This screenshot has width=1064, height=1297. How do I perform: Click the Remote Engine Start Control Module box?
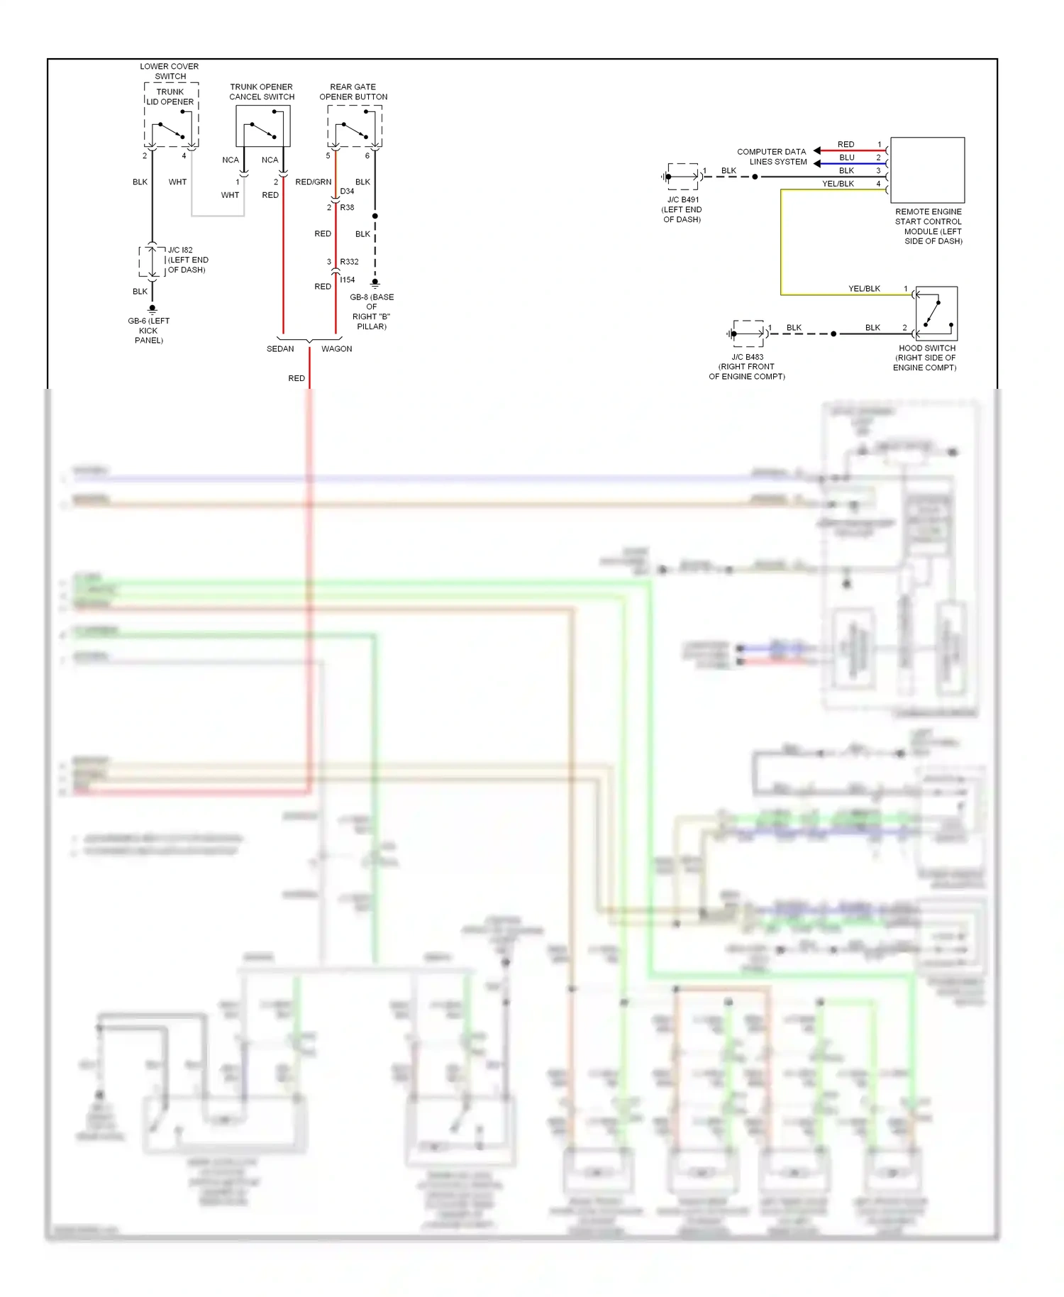(x=927, y=170)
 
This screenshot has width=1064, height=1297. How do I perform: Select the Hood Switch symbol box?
(x=936, y=313)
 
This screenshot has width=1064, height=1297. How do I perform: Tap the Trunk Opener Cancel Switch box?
(x=262, y=126)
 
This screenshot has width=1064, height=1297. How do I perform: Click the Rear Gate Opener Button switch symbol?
(x=355, y=127)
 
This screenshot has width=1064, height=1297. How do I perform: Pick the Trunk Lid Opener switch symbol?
(x=171, y=128)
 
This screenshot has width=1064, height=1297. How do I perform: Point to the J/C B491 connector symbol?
(x=682, y=177)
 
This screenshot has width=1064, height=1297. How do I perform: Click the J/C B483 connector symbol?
(x=748, y=333)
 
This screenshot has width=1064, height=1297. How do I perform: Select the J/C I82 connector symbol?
(x=152, y=261)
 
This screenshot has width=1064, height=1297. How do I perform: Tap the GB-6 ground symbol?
(x=152, y=309)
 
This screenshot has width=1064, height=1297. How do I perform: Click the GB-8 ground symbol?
(x=375, y=283)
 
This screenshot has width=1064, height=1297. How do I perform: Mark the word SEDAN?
(x=280, y=349)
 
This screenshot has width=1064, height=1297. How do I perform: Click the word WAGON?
(x=336, y=349)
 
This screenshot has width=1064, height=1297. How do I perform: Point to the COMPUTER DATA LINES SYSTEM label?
(x=771, y=157)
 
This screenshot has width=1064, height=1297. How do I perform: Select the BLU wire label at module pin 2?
(x=846, y=158)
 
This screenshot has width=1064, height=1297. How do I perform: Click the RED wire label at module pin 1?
(x=846, y=145)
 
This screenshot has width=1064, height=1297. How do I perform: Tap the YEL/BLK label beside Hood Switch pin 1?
(x=864, y=289)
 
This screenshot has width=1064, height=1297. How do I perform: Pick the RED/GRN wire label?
(x=313, y=182)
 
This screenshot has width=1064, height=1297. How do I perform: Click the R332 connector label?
(x=349, y=262)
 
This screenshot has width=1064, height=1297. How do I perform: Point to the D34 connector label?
(x=347, y=192)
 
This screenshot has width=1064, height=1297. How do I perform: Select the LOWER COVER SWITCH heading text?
(x=170, y=71)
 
